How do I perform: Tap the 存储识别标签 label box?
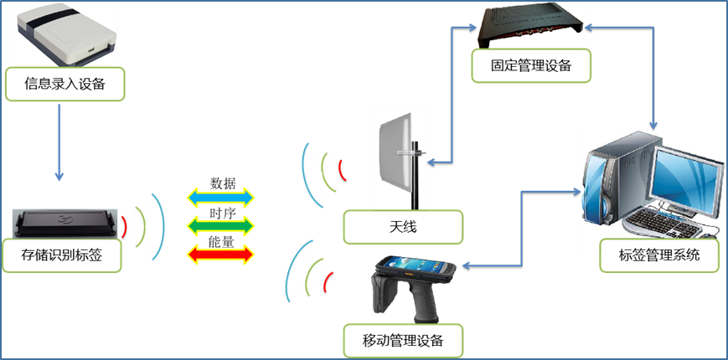click(x=65, y=255)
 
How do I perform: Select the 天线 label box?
click(x=403, y=227)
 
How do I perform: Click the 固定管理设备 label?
click(x=531, y=65)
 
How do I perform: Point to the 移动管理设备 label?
click(x=403, y=341)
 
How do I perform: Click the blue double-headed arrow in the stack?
click(x=219, y=197)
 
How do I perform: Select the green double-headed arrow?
click(x=219, y=224)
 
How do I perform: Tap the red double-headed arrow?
click(x=219, y=253)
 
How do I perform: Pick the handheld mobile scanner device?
click(x=410, y=280)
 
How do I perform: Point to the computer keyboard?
click(x=662, y=223)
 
